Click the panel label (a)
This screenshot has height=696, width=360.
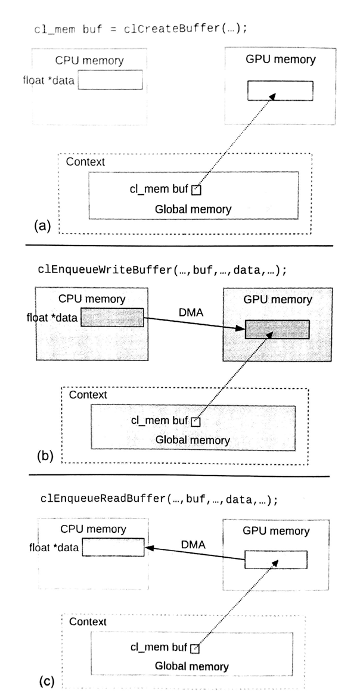(x=44, y=225)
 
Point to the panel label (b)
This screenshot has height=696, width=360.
(x=46, y=456)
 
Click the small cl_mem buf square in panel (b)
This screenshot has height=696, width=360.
(x=198, y=422)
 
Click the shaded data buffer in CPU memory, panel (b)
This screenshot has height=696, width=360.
(x=112, y=318)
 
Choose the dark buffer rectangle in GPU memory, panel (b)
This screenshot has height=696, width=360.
(x=277, y=330)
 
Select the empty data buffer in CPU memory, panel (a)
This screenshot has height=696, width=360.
(x=110, y=80)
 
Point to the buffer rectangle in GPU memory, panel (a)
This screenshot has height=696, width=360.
(x=280, y=91)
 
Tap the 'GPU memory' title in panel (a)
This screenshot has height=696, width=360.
(x=280, y=59)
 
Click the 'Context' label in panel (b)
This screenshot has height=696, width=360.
(x=88, y=395)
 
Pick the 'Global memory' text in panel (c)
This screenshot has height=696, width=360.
(x=191, y=666)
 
